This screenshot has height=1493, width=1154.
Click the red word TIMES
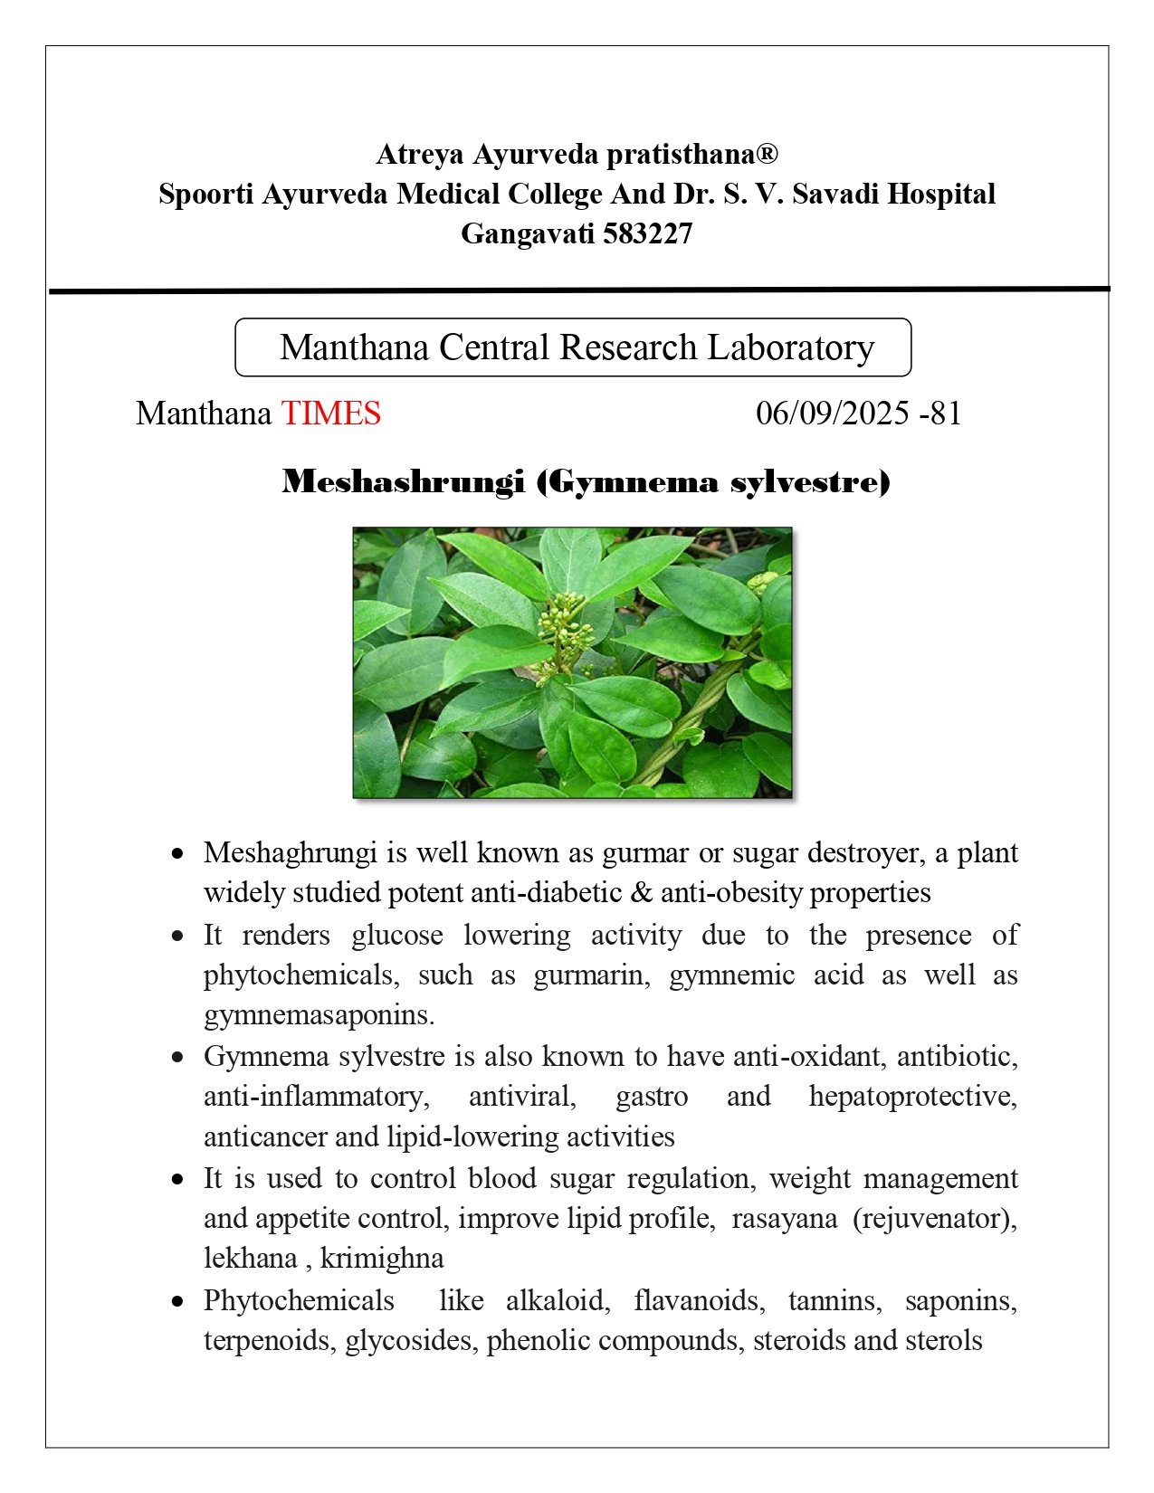click(330, 414)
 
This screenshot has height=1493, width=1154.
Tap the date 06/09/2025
click(832, 414)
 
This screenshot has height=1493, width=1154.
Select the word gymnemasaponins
click(319, 1015)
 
